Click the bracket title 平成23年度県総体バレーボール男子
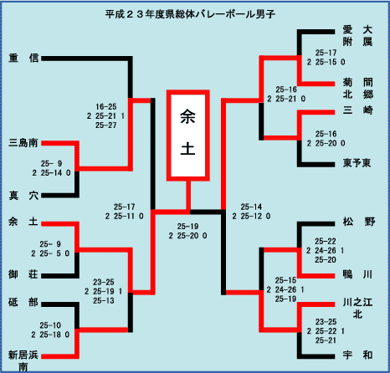click(190, 14)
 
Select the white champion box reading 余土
click(188, 135)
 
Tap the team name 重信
click(23, 58)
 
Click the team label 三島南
click(23, 143)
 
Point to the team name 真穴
click(23, 196)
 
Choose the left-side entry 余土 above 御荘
click(23, 222)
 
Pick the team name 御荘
click(23, 274)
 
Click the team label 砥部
click(23, 302)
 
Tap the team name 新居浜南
click(23, 360)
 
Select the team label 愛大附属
click(357, 36)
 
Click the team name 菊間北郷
click(358, 89)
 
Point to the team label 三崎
click(358, 110)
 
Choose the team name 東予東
click(357, 163)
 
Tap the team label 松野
click(359, 222)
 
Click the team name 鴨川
click(358, 274)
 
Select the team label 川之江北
click(357, 309)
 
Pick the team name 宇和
click(358, 355)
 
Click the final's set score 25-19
click(187, 227)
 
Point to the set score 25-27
click(106, 125)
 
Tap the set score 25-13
click(104, 300)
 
